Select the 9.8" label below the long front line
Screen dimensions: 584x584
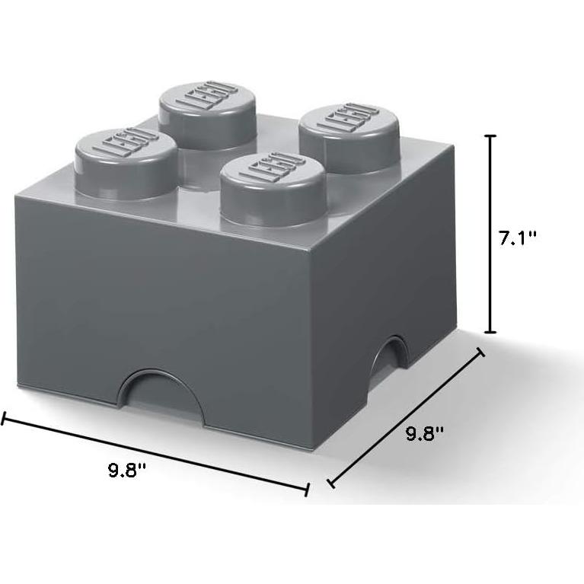click(126, 470)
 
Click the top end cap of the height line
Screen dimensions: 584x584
click(491, 136)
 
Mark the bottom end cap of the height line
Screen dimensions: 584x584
click(491, 332)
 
